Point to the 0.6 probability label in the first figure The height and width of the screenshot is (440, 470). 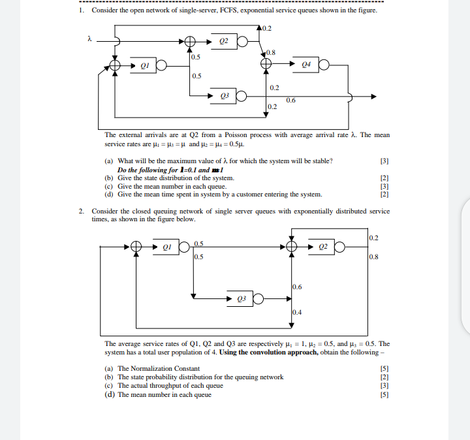[290, 100]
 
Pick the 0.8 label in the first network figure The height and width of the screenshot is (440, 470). [271, 52]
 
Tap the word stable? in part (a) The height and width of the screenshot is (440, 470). [318, 161]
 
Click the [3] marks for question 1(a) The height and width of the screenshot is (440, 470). [384, 161]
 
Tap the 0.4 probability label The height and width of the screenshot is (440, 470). [297, 311]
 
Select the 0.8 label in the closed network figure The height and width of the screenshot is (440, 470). [373, 257]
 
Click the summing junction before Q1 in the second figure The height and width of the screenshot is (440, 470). [136, 247]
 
